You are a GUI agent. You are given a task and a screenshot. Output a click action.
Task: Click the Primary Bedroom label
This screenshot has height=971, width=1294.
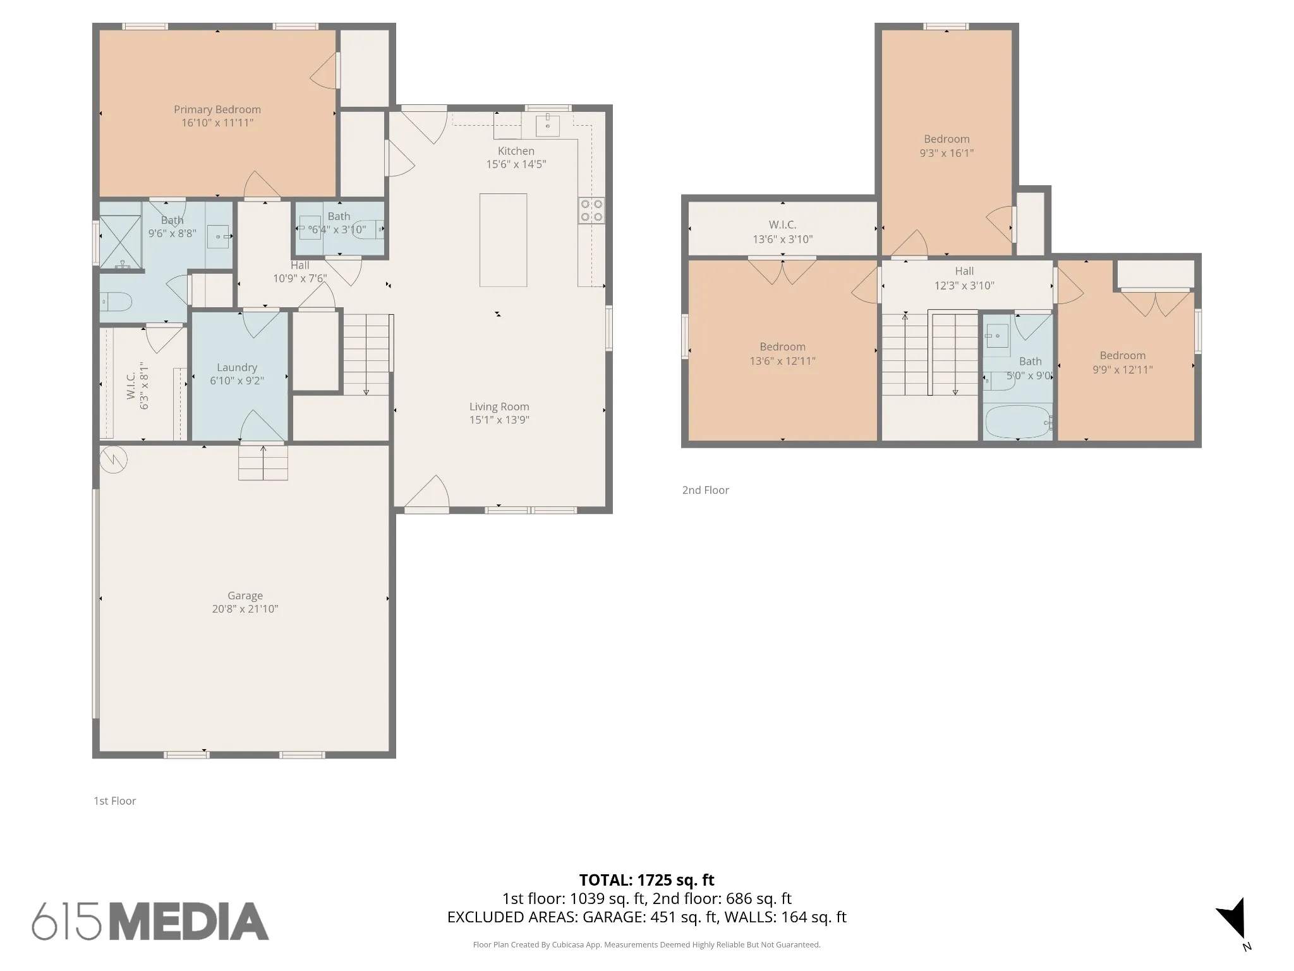(217, 109)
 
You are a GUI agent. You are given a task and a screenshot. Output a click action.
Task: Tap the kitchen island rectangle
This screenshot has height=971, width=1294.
(503, 240)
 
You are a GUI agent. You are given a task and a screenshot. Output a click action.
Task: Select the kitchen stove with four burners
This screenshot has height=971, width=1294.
(591, 211)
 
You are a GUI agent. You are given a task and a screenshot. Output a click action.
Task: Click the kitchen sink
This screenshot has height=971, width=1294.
(548, 126)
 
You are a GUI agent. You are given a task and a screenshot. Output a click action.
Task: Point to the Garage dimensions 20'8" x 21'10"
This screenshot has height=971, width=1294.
(245, 609)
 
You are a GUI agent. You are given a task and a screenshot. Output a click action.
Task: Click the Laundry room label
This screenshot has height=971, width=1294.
(237, 367)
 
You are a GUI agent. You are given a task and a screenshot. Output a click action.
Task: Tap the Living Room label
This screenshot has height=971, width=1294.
(499, 406)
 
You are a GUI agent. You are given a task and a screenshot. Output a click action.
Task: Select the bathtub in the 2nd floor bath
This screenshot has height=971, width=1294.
(1018, 422)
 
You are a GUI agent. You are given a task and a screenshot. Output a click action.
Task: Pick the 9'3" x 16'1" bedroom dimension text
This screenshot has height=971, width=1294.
(946, 152)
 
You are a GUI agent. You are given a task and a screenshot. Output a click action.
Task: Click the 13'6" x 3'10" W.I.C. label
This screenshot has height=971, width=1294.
(783, 239)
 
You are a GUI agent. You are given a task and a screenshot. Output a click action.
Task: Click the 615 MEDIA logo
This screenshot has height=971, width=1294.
(150, 921)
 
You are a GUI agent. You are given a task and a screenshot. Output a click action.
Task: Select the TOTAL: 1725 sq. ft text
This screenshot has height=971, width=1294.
(647, 880)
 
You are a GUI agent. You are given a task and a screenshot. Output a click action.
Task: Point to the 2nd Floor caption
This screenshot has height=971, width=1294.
(706, 490)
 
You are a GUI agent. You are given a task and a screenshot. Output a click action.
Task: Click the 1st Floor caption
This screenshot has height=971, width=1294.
(115, 801)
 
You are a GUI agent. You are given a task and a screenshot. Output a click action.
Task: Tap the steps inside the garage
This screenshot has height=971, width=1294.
(263, 462)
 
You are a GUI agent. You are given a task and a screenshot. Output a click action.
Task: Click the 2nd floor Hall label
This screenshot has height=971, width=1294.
(964, 271)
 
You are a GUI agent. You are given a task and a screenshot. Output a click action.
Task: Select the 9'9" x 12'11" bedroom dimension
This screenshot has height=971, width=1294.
(1123, 370)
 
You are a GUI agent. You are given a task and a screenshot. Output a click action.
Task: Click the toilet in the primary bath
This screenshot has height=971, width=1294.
(116, 302)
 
